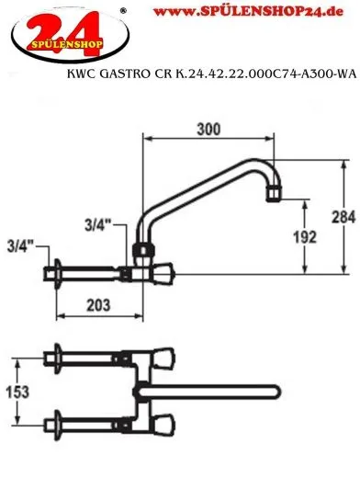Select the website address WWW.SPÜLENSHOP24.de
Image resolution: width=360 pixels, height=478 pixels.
point(253,12)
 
